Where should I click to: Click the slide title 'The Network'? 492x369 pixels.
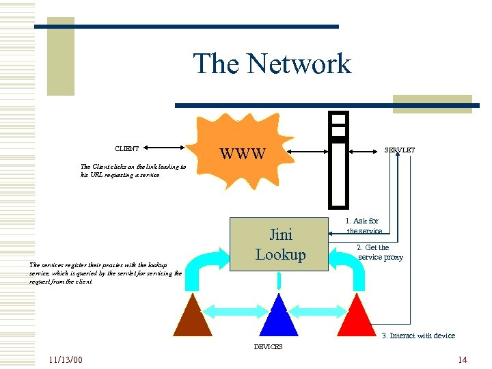tap(272, 64)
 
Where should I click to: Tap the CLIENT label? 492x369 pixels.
tap(126, 148)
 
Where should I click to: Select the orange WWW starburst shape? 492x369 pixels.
tap(242, 152)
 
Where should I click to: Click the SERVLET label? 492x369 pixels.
tap(400, 150)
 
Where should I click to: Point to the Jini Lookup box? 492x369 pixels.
tap(280, 244)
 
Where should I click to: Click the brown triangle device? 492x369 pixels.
tap(193, 318)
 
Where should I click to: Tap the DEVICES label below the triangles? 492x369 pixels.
tap(268, 347)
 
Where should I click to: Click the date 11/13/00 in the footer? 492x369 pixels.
tap(66, 359)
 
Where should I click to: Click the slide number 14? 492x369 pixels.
tap(463, 359)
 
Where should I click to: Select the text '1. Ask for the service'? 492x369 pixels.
tap(363, 226)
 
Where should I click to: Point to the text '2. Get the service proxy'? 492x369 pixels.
tap(380, 252)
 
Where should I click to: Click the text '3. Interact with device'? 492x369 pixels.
tap(418, 336)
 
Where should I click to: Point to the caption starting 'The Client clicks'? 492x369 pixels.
tap(133, 170)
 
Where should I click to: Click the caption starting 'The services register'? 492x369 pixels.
tap(105, 273)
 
